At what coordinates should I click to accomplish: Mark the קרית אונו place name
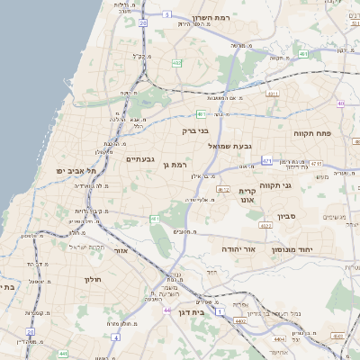coord(248,195)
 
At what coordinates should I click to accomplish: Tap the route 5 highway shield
coord(167,14)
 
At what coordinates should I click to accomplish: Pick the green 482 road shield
coord(177,63)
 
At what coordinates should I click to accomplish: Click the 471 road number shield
coord(267,161)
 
